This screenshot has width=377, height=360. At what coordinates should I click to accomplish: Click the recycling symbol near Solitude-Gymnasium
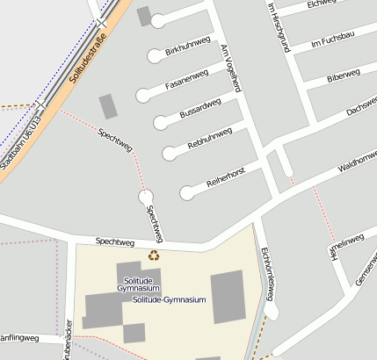tap(154, 256)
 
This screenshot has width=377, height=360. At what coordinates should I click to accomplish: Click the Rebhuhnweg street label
tap(210, 138)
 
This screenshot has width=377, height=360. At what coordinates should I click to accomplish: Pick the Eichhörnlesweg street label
tap(267, 275)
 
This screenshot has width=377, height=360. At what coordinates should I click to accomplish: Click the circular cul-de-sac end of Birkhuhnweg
tap(156, 55)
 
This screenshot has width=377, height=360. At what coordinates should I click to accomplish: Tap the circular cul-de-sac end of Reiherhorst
tap(186, 192)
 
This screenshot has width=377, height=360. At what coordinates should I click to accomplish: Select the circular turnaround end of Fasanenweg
tap(143, 95)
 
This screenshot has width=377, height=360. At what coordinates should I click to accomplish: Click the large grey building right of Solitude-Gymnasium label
tap(228, 296)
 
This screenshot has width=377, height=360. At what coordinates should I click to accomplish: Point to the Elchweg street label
tap(323, 5)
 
